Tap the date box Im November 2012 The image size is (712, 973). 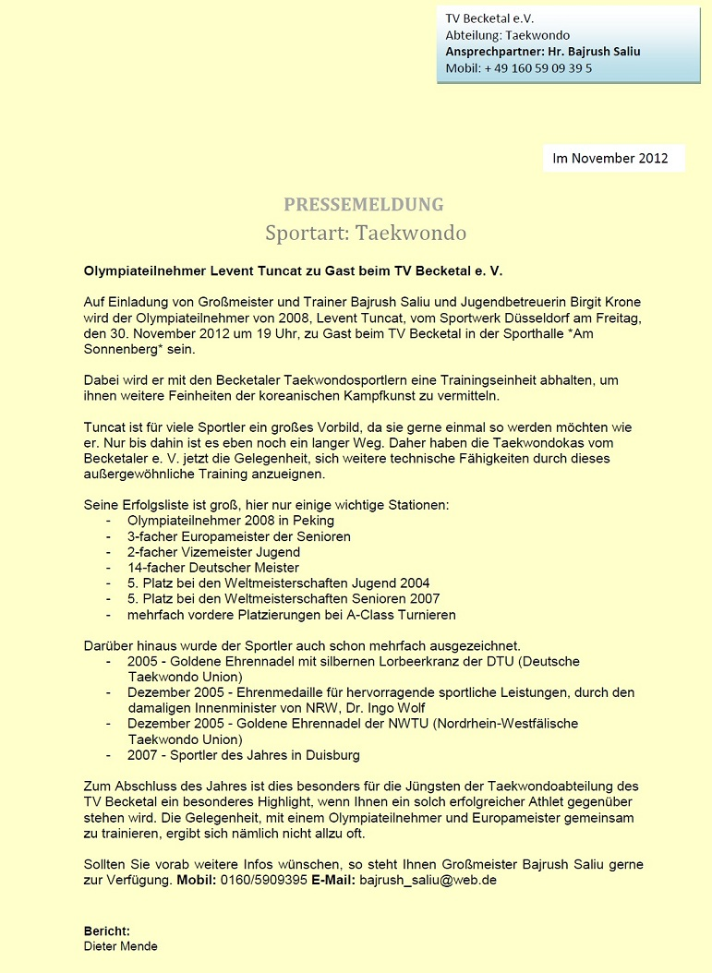tap(610, 158)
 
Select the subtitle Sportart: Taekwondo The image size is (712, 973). tap(366, 233)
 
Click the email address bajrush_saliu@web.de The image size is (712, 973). tap(428, 881)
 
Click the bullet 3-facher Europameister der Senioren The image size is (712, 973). tap(239, 536)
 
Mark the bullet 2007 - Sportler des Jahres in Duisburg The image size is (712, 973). tap(244, 755)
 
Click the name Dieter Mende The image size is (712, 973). tap(121, 946)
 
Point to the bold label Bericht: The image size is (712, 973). tap(107, 931)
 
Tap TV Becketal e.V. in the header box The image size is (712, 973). tap(490, 18)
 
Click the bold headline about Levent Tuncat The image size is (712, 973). tap(293, 271)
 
